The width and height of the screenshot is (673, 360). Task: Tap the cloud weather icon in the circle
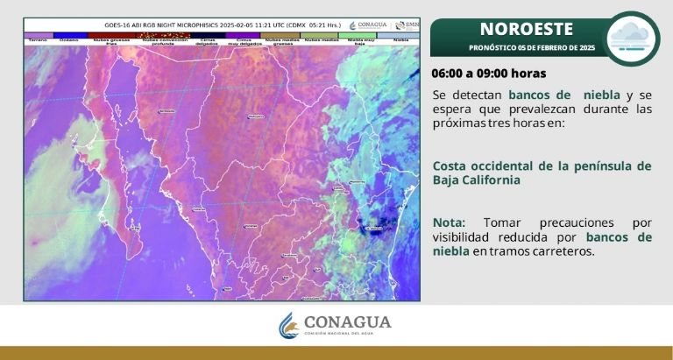tap(633, 38)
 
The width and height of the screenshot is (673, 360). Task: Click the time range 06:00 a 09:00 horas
tap(489, 73)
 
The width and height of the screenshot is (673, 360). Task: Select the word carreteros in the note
tap(565, 251)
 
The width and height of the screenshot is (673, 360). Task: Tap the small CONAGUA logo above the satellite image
tap(369, 25)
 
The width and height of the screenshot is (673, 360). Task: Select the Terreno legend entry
tap(38, 39)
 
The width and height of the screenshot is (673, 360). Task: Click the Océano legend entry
tap(68, 39)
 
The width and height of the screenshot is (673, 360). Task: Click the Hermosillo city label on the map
tap(166, 112)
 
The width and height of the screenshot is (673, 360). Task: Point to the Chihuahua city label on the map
tap(256, 116)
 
